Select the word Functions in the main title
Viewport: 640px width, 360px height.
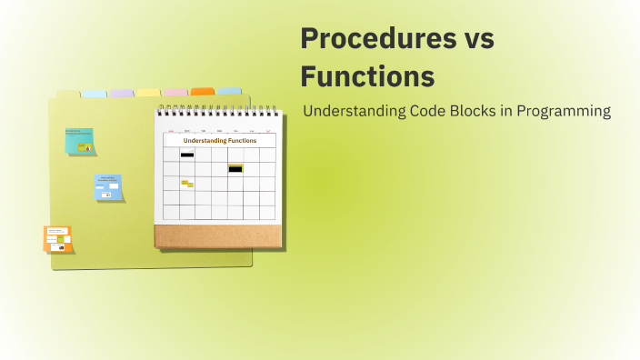tap(367, 75)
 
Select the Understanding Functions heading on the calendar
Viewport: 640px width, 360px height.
tap(219, 141)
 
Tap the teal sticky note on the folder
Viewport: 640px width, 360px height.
tap(80, 140)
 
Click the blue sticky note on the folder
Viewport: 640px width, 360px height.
tap(108, 186)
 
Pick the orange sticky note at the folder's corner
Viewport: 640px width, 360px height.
tap(58, 239)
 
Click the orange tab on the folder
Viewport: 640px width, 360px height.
tap(202, 92)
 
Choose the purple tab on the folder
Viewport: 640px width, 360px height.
tap(121, 93)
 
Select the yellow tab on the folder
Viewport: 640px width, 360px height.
tap(148, 93)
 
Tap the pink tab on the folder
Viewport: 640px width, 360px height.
tap(175, 93)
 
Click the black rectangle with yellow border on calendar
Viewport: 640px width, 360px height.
tap(235, 168)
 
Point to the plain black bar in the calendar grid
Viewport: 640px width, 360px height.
tap(187, 155)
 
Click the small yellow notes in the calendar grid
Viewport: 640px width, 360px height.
tap(187, 184)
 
